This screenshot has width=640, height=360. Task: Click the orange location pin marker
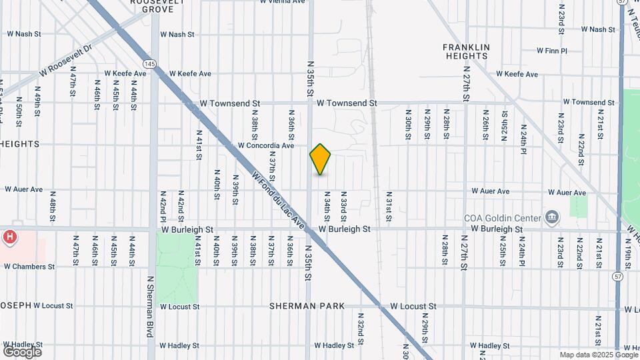coord(320,159)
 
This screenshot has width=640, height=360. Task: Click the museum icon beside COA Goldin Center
coord(551,217)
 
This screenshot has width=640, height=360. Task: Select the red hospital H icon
coord(10,237)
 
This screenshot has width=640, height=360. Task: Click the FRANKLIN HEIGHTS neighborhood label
coord(466,52)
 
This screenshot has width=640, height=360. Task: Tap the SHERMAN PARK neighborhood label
coord(307,306)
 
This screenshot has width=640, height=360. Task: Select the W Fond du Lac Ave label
coord(278,200)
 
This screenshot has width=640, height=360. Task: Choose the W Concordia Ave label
coord(266,145)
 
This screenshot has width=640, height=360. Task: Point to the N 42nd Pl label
coord(162,205)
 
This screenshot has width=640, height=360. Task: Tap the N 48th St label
coord(53,206)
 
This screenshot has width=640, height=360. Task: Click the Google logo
coord(22,351)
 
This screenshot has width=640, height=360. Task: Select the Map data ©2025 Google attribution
coord(598,355)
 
